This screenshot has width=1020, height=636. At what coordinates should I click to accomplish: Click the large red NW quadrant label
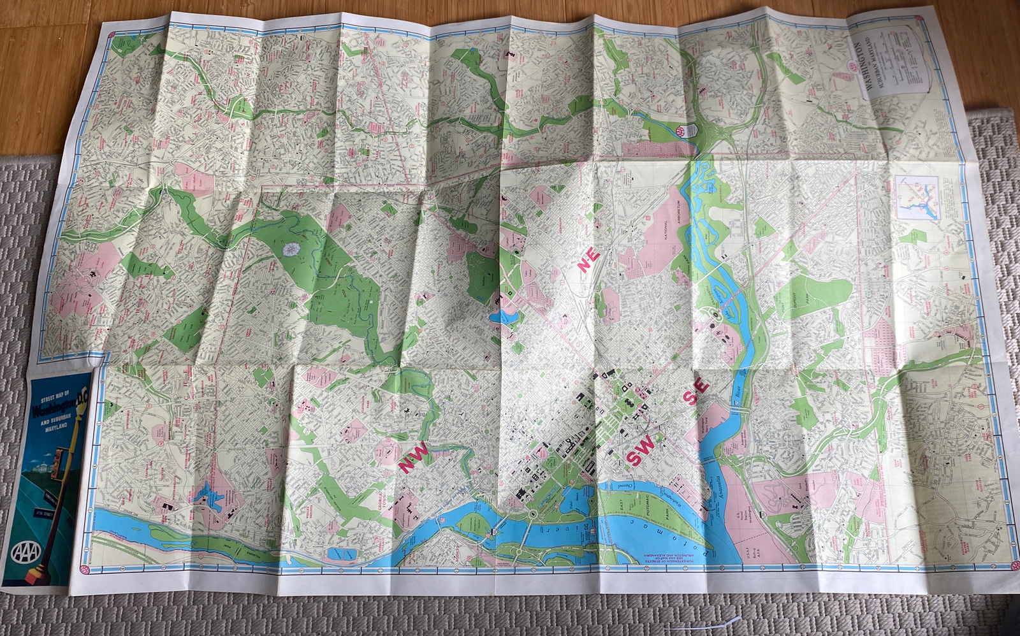[414, 458]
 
